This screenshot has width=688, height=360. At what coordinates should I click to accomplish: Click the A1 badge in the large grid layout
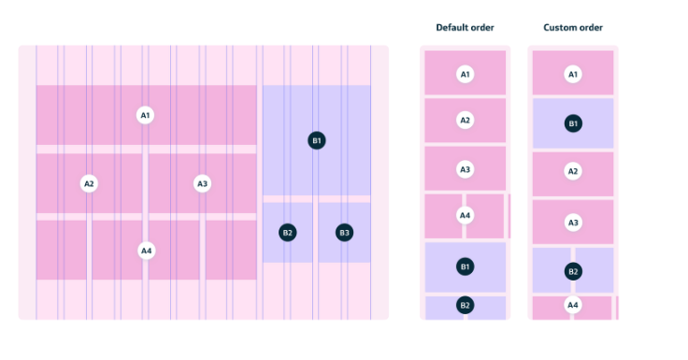pyautogui.click(x=145, y=115)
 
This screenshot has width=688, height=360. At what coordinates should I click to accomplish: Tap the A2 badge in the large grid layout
pyautogui.click(x=90, y=183)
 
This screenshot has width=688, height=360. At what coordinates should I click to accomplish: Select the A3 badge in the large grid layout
pyautogui.click(x=202, y=183)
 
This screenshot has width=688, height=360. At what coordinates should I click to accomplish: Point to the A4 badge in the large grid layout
pyautogui.click(x=146, y=251)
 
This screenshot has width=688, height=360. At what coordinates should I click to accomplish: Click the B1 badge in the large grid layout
pyautogui.click(x=317, y=140)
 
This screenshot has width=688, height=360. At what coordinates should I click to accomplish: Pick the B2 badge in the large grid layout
pyautogui.click(x=288, y=232)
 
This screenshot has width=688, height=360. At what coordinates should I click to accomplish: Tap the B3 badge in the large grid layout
pyautogui.click(x=344, y=232)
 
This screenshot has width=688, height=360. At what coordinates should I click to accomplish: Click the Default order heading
pyautogui.click(x=465, y=28)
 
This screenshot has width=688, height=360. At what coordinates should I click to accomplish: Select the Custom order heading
pyautogui.click(x=573, y=28)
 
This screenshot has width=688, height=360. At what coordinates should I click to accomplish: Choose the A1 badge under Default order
pyautogui.click(x=465, y=73)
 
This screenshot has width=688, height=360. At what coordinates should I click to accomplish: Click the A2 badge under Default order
pyautogui.click(x=465, y=120)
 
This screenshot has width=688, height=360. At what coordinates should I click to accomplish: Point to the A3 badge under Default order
pyautogui.click(x=465, y=169)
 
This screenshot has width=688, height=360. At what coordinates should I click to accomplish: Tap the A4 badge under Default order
pyautogui.click(x=465, y=216)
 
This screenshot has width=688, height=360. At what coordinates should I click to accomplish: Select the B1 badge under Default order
pyautogui.click(x=465, y=266)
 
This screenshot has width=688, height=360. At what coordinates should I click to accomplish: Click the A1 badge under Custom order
pyautogui.click(x=573, y=74)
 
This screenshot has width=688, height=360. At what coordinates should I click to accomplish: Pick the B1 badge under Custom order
pyautogui.click(x=573, y=122)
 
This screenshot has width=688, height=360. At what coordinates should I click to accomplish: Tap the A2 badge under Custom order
pyautogui.click(x=573, y=171)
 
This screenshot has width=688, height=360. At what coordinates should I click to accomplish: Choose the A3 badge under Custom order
pyautogui.click(x=573, y=223)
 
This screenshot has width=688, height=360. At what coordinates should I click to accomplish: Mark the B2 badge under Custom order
pyautogui.click(x=573, y=271)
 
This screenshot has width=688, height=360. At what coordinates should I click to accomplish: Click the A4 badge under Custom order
pyautogui.click(x=573, y=305)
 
